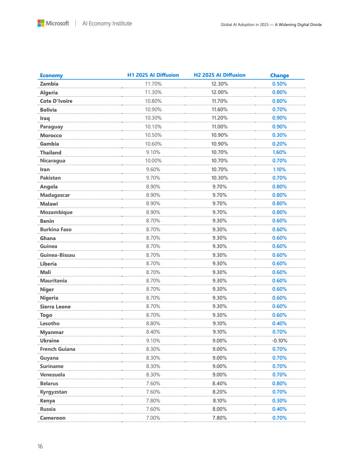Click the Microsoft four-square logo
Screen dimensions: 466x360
click(41, 23)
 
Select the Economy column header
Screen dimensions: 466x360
click(51, 75)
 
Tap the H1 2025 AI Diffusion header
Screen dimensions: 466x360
click(153, 75)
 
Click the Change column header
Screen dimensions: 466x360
click(279, 75)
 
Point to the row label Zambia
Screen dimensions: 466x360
click(49, 84)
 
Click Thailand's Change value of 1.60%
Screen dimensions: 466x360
click(279, 152)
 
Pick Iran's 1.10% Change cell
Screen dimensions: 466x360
click(279, 169)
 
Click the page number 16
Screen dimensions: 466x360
click(40, 447)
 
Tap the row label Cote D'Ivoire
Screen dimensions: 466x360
click(56, 101)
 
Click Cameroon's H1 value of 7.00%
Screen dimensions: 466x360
click(153, 418)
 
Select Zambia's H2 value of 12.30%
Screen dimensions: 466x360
click(220, 84)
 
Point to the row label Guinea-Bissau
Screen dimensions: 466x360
click(57, 255)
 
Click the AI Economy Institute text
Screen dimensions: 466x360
click(107, 23)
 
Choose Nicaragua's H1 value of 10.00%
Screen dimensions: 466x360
click(153, 161)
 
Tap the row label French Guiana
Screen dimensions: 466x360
click(57, 349)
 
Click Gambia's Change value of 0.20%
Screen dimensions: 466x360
click(279, 144)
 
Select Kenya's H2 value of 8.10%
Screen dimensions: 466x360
click(220, 401)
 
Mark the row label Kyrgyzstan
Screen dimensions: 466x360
click(53, 392)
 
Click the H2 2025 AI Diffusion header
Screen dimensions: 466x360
click(220, 75)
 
